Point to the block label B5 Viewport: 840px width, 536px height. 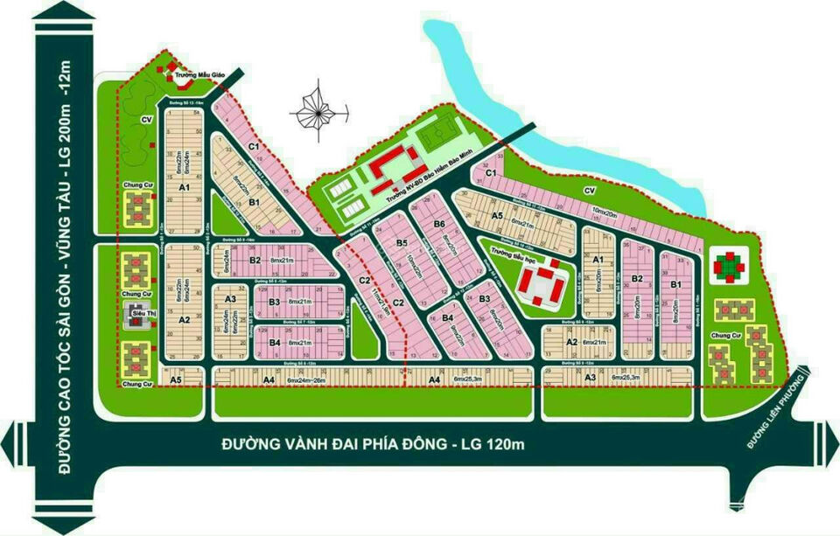point(402,243)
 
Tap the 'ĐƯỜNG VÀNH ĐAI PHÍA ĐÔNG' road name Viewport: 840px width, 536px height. point(372,445)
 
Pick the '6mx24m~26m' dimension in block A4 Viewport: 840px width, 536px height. point(289,379)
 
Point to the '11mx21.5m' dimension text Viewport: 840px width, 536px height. point(379,298)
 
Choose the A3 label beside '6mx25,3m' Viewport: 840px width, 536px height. point(591,377)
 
